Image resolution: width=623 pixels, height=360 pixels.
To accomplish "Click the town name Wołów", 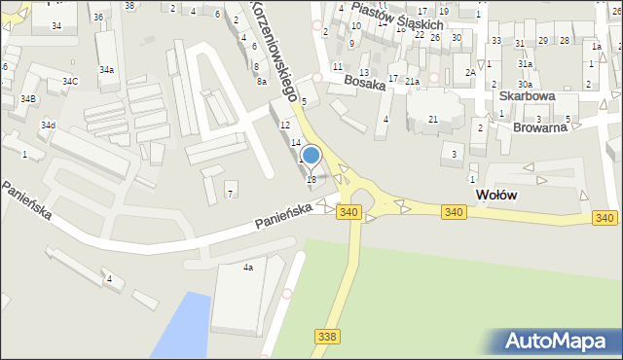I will [495, 195].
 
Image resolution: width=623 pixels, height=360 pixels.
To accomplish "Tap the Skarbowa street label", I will [527, 96].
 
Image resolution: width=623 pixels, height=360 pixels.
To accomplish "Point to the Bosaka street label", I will [365, 85].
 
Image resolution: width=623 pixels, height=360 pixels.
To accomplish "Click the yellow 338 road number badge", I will [328, 336].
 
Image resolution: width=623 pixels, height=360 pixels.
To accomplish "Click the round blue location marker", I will [311, 155].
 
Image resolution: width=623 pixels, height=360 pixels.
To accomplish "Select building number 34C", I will [70, 82].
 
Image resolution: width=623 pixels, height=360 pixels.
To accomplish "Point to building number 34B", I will [28, 99].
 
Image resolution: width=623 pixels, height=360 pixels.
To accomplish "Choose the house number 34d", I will [48, 126].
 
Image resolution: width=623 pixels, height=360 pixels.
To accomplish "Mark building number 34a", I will [106, 70].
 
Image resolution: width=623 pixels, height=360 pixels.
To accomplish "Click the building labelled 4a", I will [248, 268].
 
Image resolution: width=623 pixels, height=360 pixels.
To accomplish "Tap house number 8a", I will [262, 82].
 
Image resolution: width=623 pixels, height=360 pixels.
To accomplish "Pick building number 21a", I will [413, 81].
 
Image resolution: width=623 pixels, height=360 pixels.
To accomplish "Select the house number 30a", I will [524, 85].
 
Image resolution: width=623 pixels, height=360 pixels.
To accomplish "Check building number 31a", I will [525, 63].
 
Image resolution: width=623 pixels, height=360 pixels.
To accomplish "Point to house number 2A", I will [470, 72].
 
